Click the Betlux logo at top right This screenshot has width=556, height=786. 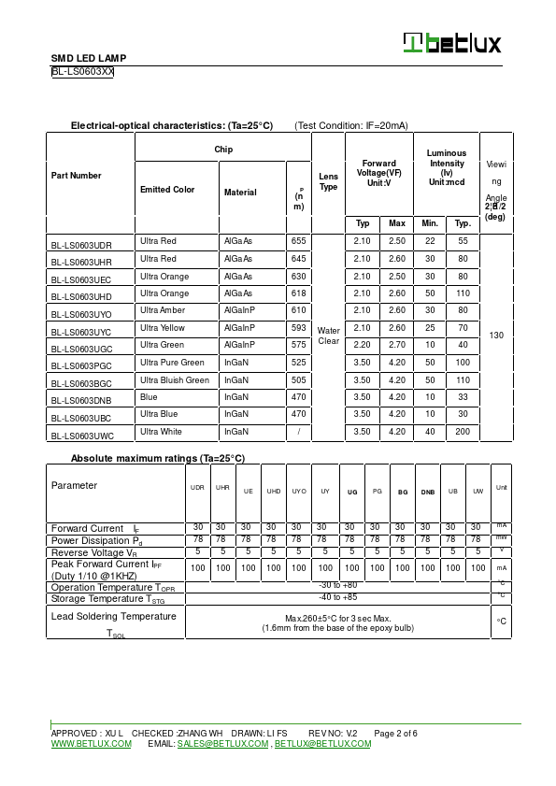(x=452, y=43)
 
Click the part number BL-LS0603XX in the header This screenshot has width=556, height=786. (x=82, y=71)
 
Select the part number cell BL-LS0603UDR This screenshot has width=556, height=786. (x=81, y=243)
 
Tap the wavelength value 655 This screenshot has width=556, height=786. (x=298, y=241)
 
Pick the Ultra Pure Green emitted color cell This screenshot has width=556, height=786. (x=172, y=363)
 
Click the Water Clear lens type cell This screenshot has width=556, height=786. (x=328, y=336)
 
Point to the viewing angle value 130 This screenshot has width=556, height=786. (x=495, y=335)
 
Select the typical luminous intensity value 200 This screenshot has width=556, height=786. (x=462, y=432)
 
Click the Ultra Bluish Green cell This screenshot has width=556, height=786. (x=175, y=380)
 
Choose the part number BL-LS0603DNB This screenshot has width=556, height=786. (x=81, y=399)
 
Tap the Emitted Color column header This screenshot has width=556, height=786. (x=167, y=190)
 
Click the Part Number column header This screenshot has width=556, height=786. (x=77, y=176)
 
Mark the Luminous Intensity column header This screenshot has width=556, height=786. (x=446, y=166)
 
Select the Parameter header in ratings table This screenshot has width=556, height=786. (x=74, y=486)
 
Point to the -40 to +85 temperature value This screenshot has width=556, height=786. (x=337, y=597)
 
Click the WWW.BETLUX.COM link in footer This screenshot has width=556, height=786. (x=91, y=744)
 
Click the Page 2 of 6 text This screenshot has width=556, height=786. (x=395, y=734)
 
